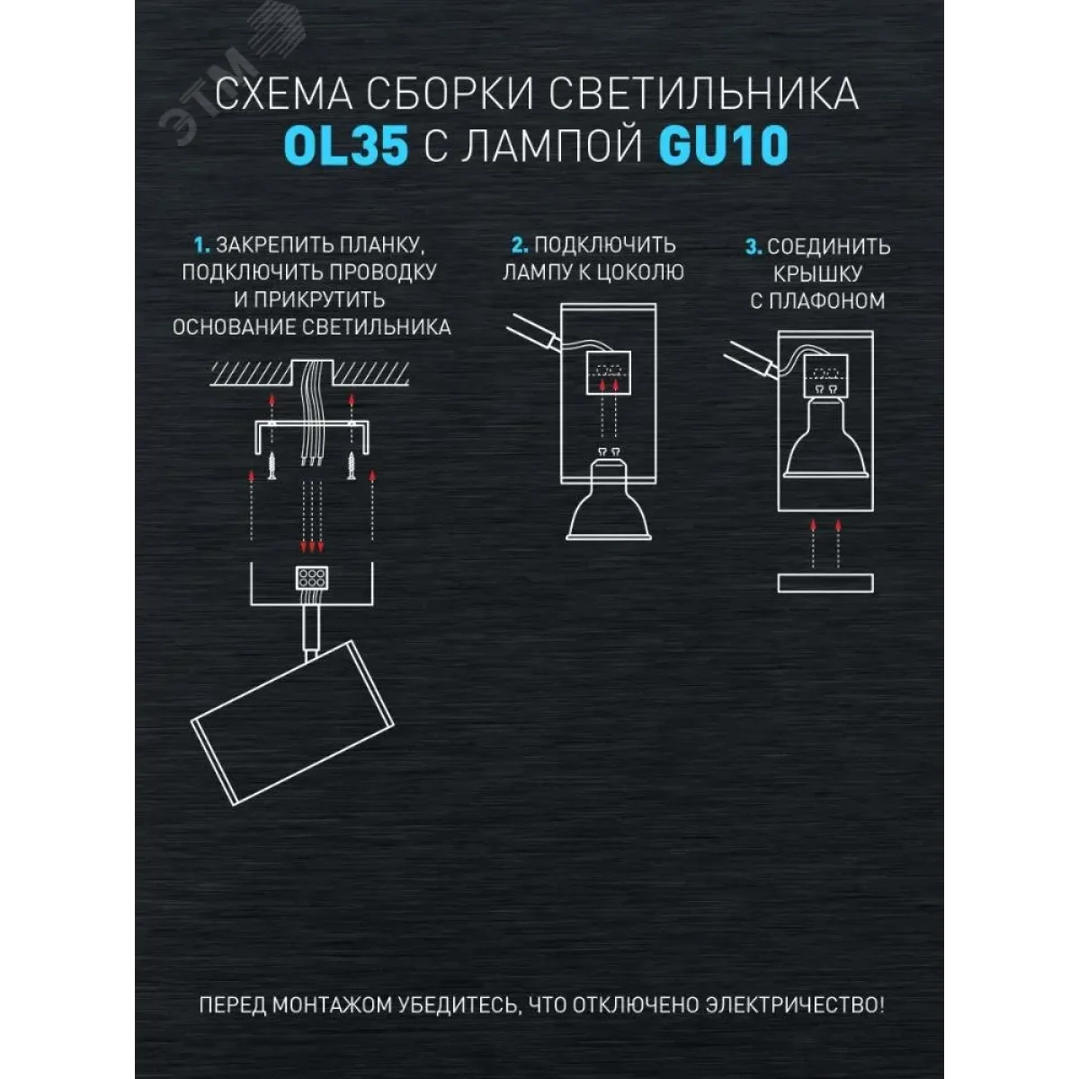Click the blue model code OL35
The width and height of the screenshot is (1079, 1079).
point(345,146)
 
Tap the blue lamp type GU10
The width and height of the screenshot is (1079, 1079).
point(724,146)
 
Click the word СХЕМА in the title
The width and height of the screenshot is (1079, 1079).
point(283,94)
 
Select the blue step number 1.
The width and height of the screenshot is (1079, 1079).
point(201,245)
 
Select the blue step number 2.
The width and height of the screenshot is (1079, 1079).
point(520,245)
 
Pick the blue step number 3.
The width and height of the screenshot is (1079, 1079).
point(754,247)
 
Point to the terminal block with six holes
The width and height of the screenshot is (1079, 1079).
point(312,578)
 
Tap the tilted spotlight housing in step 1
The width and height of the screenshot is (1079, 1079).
point(293,723)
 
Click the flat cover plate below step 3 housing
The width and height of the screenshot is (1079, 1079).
point(825,583)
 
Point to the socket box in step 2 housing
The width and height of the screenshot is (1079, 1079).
point(609,372)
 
